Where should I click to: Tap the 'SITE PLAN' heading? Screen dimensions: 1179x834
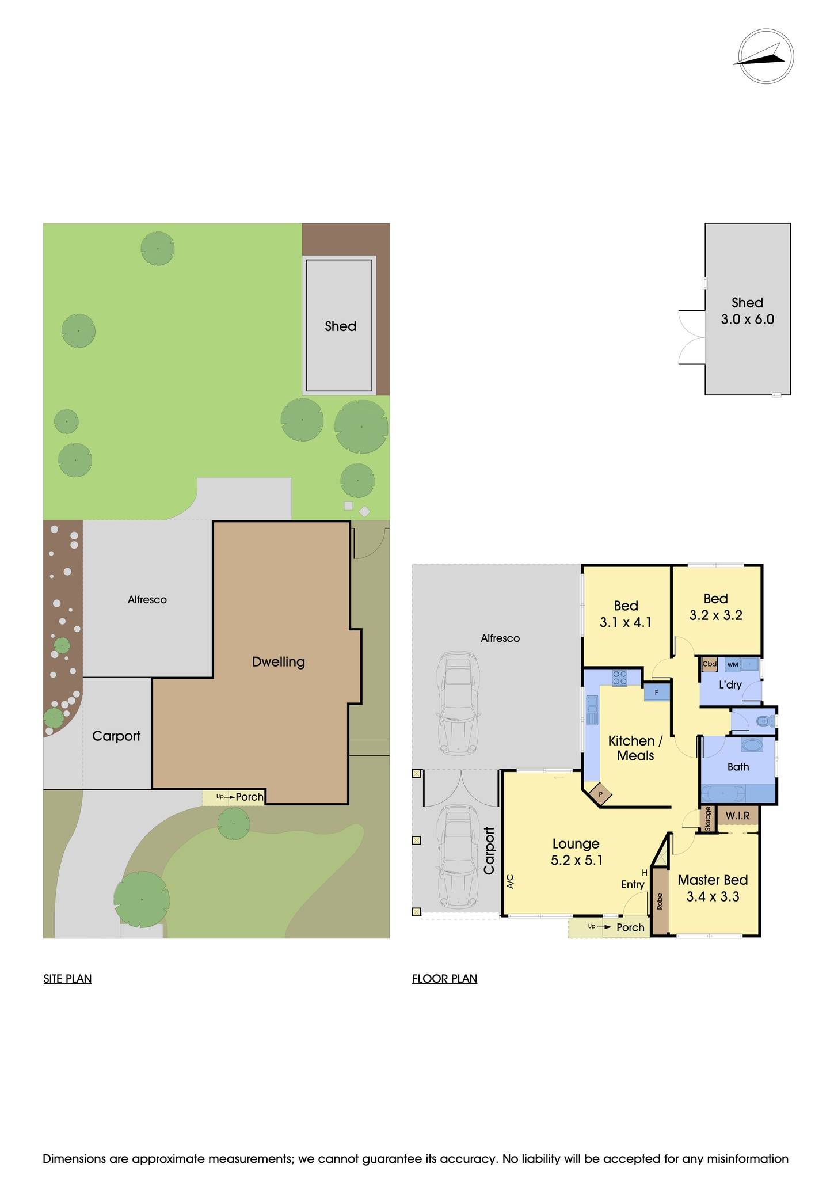tap(67, 979)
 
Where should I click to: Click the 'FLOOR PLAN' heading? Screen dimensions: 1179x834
tap(444, 979)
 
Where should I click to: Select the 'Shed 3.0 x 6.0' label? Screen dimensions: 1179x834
tap(747, 311)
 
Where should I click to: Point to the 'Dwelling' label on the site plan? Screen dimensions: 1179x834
tap(279, 662)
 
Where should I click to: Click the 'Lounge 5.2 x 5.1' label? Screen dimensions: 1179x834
tap(576, 852)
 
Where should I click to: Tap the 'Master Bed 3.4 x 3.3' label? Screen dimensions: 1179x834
tap(713, 888)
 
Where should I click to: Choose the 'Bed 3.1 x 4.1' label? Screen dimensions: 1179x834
tap(626, 614)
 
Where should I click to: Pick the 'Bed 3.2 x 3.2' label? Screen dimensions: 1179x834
tap(715, 607)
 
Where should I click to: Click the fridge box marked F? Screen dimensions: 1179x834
tap(656, 693)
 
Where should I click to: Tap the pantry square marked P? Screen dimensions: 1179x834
tap(600, 794)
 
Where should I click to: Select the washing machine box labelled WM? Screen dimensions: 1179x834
tap(733, 665)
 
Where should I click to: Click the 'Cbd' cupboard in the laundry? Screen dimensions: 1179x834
tap(709, 664)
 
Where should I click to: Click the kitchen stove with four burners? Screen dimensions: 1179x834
tap(620, 678)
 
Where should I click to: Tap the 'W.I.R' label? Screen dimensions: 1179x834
tap(737, 816)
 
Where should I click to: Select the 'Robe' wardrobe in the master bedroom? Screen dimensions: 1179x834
tap(660, 902)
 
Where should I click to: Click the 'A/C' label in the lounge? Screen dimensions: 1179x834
tap(510, 881)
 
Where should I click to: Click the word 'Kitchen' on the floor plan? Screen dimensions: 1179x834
tap(631, 741)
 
